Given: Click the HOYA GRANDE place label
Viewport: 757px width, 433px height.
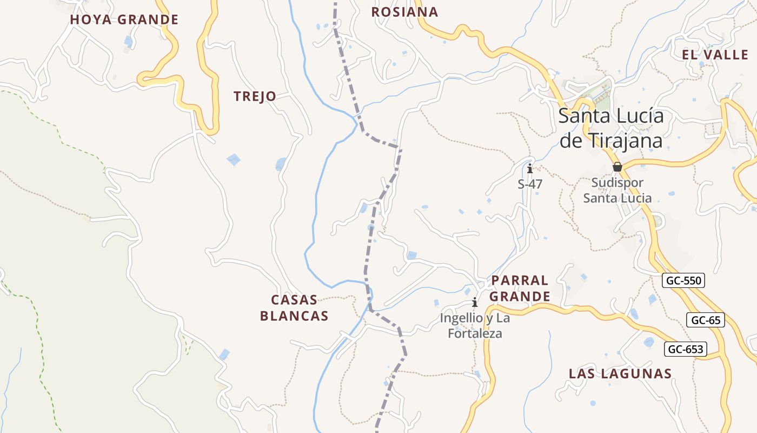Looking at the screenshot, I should (124, 20).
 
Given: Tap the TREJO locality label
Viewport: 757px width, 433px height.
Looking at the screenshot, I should (255, 97).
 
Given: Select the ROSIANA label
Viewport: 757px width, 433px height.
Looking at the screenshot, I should (404, 12).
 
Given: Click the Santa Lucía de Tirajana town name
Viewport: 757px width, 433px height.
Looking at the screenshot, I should (611, 128).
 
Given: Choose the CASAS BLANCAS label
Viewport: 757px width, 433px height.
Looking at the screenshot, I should (294, 308).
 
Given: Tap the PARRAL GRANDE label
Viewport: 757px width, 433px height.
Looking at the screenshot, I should (520, 288).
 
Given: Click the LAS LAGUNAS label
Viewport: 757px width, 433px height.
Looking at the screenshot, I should (620, 373).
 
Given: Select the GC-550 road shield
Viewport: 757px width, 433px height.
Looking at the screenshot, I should (683, 281).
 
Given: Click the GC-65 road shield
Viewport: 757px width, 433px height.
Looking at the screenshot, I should (706, 320).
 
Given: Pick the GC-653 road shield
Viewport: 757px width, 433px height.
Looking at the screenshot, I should (686, 350).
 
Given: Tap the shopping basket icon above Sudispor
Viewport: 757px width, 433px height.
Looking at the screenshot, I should (617, 167).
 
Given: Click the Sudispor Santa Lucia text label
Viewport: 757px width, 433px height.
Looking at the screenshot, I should (617, 191).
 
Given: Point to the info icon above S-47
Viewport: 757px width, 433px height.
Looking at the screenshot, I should (530, 168).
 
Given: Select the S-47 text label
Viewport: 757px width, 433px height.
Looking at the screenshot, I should (530, 184).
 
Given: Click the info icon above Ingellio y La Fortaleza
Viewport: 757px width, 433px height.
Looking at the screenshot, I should (475, 302).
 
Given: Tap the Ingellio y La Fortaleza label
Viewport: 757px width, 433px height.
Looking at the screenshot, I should (475, 326).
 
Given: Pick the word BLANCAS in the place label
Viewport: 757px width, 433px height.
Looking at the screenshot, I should (294, 316).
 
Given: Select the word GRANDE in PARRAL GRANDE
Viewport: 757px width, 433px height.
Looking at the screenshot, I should (520, 297).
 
